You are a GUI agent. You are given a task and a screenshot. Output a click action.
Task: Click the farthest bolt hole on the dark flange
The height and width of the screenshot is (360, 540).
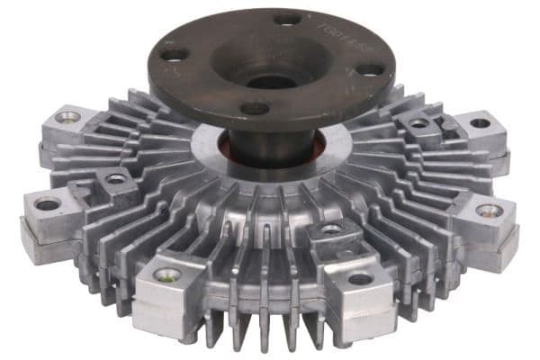click(288, 18)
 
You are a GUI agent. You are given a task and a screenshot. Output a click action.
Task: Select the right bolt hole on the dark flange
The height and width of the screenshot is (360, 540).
click(368, 70)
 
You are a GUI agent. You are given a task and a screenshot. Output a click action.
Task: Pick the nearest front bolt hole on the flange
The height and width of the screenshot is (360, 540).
click(256, 108)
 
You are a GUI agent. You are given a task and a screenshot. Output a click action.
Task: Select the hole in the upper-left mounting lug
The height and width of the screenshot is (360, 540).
click(67, 117)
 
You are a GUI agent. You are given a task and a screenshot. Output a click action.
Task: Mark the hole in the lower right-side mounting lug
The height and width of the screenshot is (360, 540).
click(489, 211)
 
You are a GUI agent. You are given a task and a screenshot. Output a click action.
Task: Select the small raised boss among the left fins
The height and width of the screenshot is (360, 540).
click(116, 179)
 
